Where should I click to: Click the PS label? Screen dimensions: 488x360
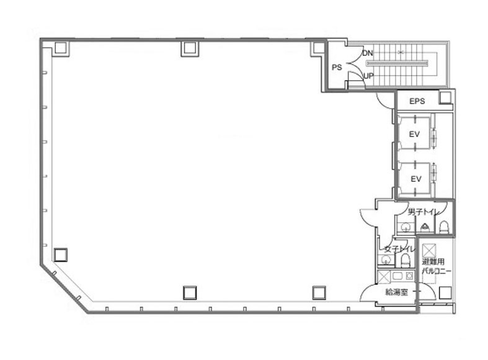pos(337,67)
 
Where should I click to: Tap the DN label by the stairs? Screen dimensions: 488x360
pos(368,53)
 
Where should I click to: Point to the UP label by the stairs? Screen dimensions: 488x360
pos(368,76)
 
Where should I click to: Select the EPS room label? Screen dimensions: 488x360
pos(417,101)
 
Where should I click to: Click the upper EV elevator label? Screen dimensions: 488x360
pos(414,134)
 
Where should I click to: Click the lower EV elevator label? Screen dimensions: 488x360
pos(416,179)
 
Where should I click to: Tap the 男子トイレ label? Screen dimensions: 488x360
pos(424,212)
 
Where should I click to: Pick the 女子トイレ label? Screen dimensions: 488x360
pos(399,249)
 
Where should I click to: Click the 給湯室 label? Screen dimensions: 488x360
pos(396,292)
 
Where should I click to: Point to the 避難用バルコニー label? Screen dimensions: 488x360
pos(437,266)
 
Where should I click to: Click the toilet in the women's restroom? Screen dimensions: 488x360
pos(405,260)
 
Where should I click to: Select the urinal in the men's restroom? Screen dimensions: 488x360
pos(425,228)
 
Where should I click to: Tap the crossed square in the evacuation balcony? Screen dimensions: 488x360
pos(429,251)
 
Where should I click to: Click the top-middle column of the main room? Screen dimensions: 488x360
pos(189,48)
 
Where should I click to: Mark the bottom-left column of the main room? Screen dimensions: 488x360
pos(60,254)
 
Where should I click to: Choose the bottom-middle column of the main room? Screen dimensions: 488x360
pos(190,293)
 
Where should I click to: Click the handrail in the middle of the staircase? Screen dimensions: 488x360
pos(397,63)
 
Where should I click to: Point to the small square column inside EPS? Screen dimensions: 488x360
pos(445,97)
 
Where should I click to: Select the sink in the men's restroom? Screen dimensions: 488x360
pos(405,227)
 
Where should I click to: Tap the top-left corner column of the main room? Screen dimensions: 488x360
pos(61,48)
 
